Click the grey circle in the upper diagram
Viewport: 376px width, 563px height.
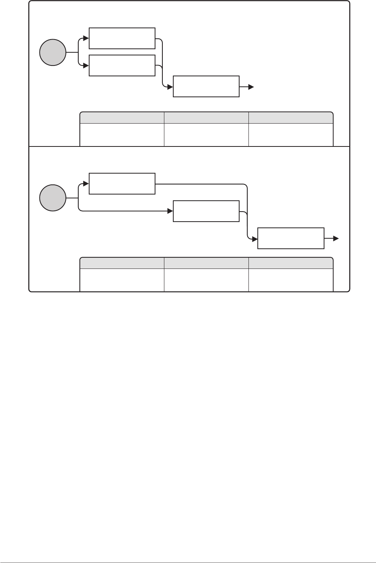pyautogui.click(x=53, y=52)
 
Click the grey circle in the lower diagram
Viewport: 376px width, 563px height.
pyautogui.click(x=53, y=198)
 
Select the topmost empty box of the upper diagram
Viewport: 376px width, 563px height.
pyautogui.click(x=122, y=38)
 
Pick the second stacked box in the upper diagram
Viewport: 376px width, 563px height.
pyautogui.click(x=122, y=65)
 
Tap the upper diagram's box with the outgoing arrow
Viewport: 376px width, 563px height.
pyautogui.click(x=206, y=86)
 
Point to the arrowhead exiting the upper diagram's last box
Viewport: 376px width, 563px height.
pyautogui.click(x=251, y=87)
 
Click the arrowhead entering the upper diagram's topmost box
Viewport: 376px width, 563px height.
pyautogui.click(x=86, y=38)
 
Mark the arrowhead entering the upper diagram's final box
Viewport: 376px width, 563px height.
pyautogui.click(x=170, y=87)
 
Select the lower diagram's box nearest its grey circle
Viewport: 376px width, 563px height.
pyautogui.click(x=122, y=184)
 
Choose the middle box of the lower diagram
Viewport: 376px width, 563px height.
pyautogui.click(x=206, y=211)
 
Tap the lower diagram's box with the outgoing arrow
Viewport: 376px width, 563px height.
pyautogui.click(x=291, y=238)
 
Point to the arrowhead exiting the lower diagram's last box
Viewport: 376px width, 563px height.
pyautogui.click(x=336, y=239)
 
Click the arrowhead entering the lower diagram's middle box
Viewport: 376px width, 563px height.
pyautogui.click(x=170, y=211)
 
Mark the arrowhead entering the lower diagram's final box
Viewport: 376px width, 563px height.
pyautogui.click(x=255, y=239)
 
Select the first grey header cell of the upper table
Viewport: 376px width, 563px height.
pyautogui.click(x=122, y=118)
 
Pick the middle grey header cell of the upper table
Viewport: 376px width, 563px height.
pyautogui.click(x=206, y=118)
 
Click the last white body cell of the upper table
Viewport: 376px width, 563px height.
pyautogui.click(x=291, y=134)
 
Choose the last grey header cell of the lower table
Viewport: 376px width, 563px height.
pyautogui.click(x=291, y=263)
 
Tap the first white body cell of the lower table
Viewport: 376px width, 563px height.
pyautogui.click(x=122, y=279)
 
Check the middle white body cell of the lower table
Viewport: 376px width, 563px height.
pyautogui.click(x=206, y=279)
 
